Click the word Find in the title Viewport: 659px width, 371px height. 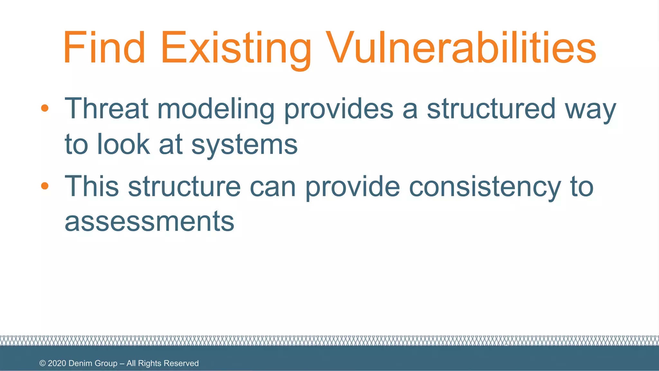point(104,48)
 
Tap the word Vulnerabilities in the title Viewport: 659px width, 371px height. point(461,48)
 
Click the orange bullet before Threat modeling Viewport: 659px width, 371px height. point(45,108)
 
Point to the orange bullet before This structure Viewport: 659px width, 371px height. point(45,186)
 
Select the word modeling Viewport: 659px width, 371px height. point(216,109)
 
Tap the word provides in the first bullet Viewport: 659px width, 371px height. point(339,109)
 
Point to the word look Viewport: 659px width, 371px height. point(123,144)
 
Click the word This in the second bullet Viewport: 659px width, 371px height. point(92,186)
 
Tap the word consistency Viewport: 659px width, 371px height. point(485,187)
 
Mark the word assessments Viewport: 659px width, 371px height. point(149,222)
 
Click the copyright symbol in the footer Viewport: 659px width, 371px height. point(42,363)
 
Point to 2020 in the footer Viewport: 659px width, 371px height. point(57,363)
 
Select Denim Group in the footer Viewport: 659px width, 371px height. point(93,363)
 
